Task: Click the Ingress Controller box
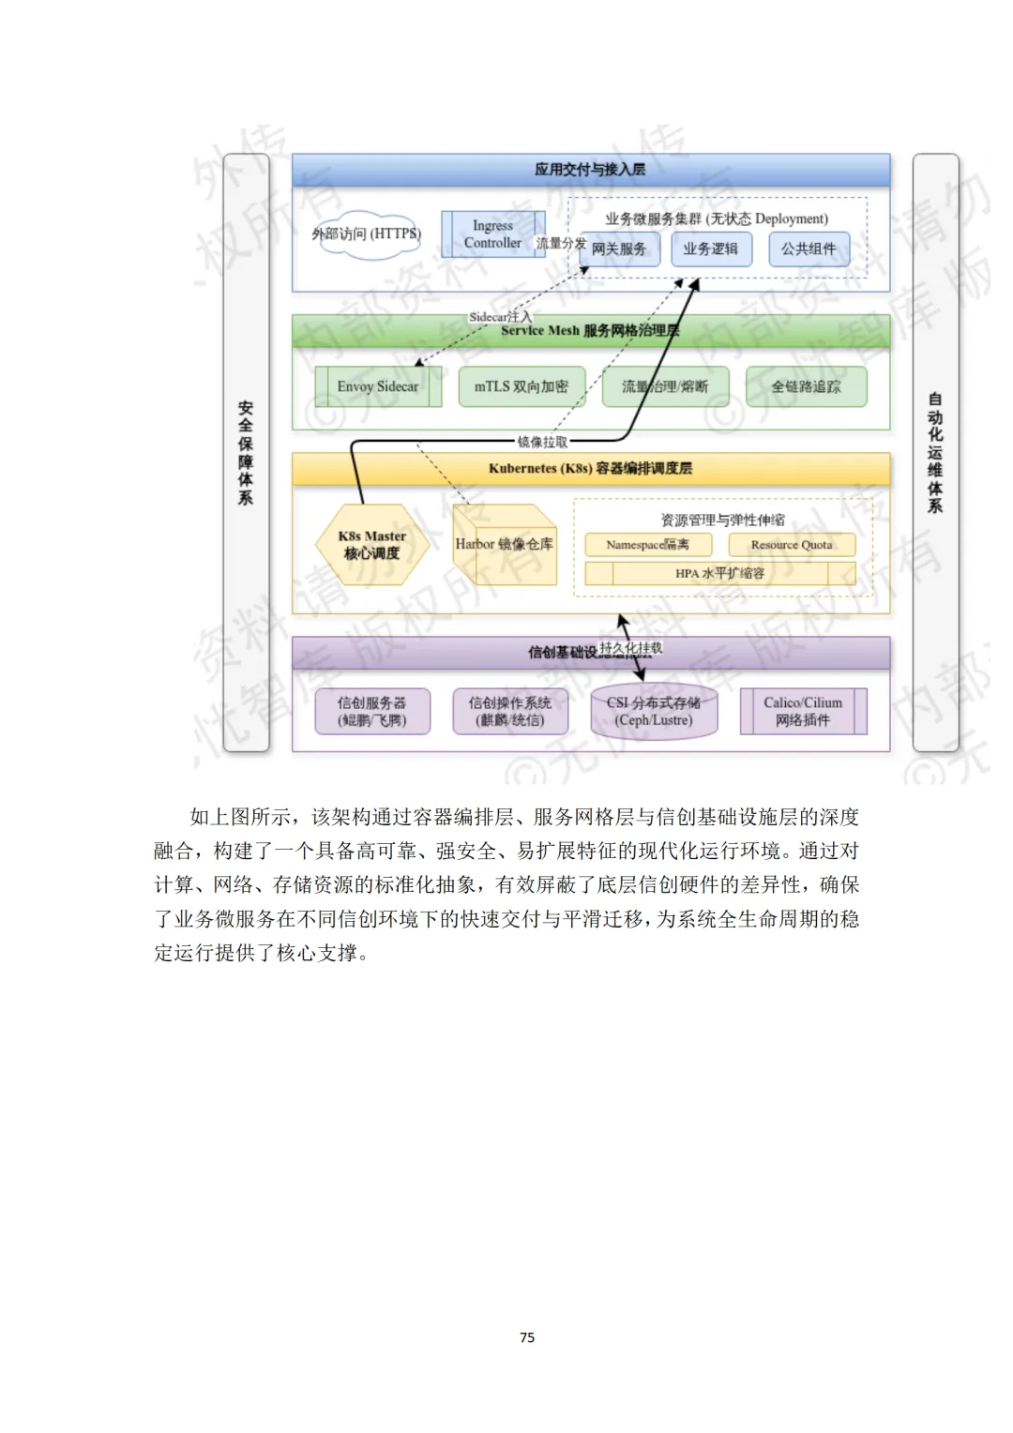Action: pos(492,234)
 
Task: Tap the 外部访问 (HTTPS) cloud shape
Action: pos(367,234)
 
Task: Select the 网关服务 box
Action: pos(619,249)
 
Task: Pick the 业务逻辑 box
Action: pos(710,249)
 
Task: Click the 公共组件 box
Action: pos(809,249)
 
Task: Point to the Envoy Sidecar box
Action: pos(378,386)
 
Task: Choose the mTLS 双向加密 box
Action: pos(522,386)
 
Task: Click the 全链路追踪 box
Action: pos(806,386)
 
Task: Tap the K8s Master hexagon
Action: pos(372,545)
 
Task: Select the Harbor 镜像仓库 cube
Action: pos(505,546)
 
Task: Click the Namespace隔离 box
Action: pos(647,545)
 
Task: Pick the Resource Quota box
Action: pos(792,545)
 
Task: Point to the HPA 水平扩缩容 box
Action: pos(719,573)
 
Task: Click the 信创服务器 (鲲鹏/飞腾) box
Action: pos(372,711)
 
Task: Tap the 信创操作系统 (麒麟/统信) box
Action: pos(510,711)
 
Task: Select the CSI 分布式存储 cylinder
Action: pos(654,712)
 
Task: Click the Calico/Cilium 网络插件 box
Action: pos(803,711)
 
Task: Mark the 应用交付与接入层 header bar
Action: pos(590,170)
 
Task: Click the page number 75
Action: pos(527,1337)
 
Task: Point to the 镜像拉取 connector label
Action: pos(543,442)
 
